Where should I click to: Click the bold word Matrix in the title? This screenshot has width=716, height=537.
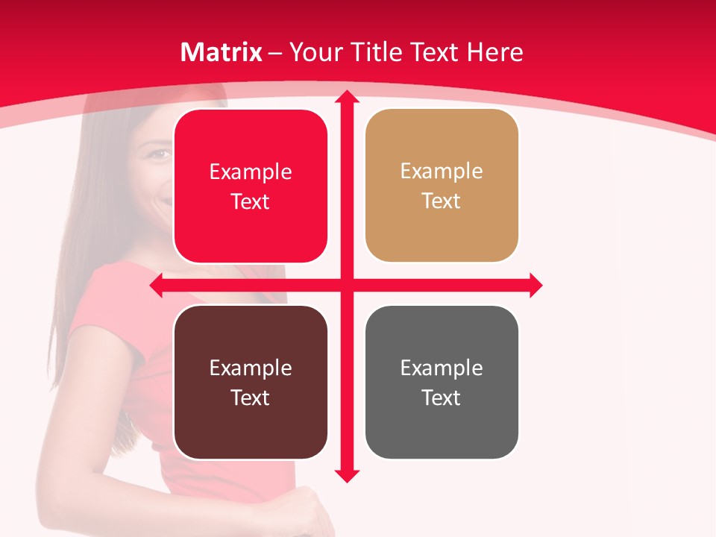[222, 52]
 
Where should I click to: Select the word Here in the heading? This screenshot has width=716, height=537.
[495, 52]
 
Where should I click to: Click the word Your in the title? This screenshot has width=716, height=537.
[314, 52]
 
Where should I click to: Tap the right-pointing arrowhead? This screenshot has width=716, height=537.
[536, 285]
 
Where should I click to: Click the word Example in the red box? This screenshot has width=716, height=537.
[251, 172]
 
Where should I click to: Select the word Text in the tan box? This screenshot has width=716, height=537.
[442, 201]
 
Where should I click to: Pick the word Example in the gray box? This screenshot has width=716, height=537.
[442, 368]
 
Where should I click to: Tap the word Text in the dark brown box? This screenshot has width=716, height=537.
[251, 398]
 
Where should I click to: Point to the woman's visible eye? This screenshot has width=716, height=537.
[158, 154]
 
